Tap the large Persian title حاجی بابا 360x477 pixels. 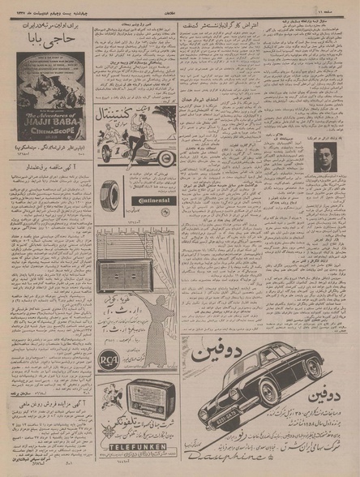tap(51, 39)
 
